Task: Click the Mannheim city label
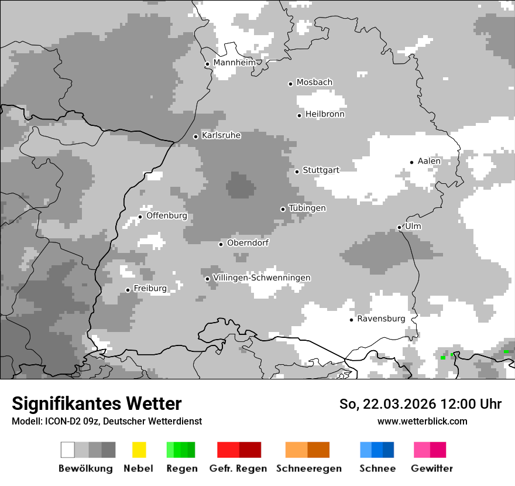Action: point(234,62)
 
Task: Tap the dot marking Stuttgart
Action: point(297,172)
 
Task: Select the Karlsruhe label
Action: point(221,135)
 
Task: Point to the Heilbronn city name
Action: point(325,114)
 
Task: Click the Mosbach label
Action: point(314,83)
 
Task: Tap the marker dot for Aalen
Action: point(412,162)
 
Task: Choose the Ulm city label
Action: point(413,226)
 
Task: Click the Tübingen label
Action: point(307,208)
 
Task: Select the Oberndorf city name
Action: point(248,243)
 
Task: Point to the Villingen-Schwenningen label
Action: point(262,278)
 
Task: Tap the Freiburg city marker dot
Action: point(128,290)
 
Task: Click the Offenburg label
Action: point(167,215)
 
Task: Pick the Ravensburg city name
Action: point(381,319)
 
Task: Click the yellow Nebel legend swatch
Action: point(139,450)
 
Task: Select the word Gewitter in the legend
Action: point(432,468)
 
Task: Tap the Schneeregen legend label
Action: point(309,468)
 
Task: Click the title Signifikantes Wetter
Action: point(97,403)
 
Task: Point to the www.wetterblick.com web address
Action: point(423,421)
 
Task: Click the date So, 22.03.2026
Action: point(388,404)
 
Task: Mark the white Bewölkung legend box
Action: point(68,450)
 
